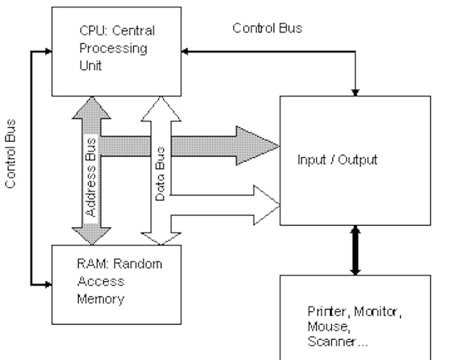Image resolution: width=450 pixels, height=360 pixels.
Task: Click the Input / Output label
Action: click(x=337, y=160)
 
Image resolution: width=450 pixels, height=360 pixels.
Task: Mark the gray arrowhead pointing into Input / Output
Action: click(x=257, y=145)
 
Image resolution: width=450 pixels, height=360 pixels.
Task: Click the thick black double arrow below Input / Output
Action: click(x=355, y=250)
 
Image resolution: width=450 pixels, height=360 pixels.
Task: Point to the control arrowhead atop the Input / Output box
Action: click(x=355, y=92)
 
